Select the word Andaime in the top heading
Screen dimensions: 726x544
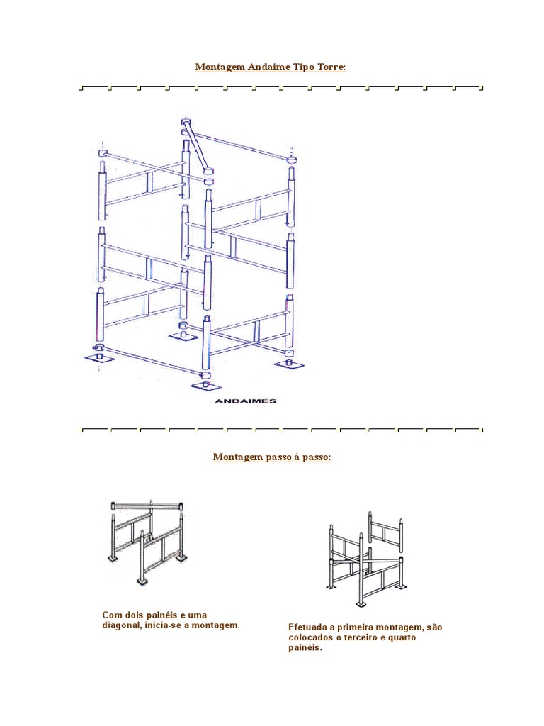[266, 67]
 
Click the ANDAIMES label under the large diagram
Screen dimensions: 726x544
[245, 401]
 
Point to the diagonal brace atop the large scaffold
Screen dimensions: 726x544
[196, 147]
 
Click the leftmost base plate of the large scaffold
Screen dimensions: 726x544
[99, 357]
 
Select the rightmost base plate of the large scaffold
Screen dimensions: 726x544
[289, 362]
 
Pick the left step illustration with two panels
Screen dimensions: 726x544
[149, 539]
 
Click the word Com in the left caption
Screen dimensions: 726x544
[111, 615]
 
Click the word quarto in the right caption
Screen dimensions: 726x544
[400, 638]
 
